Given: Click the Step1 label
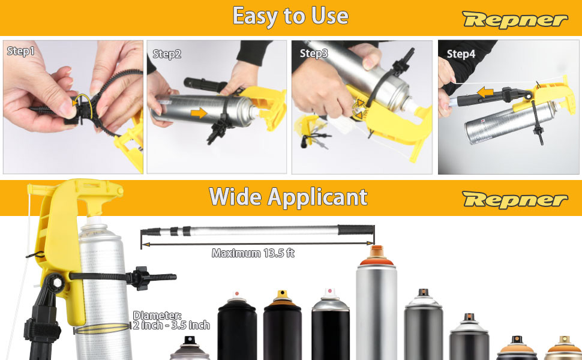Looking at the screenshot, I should pyautogui.click(x=21, y=51).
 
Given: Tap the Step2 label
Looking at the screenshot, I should pyautogui.click(x=167, y=54).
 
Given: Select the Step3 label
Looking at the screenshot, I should pyautogui.click(x=314, y=53).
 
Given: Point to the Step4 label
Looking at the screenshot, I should pyautogui.click(x=461, y=54).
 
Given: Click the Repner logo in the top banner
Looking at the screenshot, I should pyautogui.click(x=515, y=20).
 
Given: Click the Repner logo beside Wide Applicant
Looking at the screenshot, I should pyautogui.click(x=515, y=200).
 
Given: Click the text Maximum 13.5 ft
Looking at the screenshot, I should pyautogui.click(x=253, y=253).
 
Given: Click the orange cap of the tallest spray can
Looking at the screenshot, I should pyautogui.click(x=376, y=257).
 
